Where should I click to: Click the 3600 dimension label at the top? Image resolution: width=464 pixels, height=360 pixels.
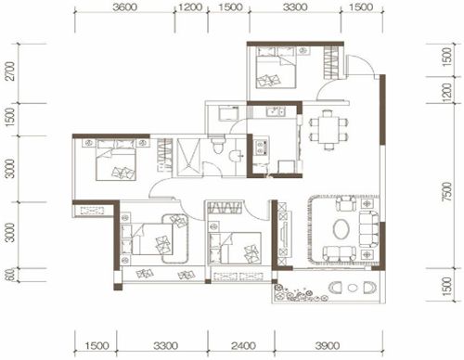tap(124, 7)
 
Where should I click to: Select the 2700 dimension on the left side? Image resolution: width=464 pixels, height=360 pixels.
tap(11, 71)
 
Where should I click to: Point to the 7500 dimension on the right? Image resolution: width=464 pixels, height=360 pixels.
tap(447, 192)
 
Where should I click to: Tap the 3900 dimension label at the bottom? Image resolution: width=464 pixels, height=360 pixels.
tap(328, 345)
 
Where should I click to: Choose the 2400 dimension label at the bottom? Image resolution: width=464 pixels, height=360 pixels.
tap(243, 345)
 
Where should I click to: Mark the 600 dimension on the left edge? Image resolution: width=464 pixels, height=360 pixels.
tap(10, 275)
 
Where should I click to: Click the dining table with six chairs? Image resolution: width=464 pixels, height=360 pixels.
tap(329, 130)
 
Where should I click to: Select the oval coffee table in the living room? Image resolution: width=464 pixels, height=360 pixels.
tap(342, 229)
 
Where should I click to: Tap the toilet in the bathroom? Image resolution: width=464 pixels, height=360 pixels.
tap(218, 145)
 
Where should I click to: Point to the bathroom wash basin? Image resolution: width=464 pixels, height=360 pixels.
tap(237, 155)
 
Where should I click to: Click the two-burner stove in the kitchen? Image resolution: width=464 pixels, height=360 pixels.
tap(262, 147)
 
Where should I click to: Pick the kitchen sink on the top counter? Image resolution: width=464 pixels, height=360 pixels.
tap(277, 111)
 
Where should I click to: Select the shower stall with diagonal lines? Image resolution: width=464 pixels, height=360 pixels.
tap(189, 158)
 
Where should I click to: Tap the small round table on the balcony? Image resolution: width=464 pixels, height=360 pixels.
tap(353, 288)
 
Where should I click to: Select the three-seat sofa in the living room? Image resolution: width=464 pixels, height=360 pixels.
tap(369, 228)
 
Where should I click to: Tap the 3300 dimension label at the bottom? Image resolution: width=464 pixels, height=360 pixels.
tap(165, 345)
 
